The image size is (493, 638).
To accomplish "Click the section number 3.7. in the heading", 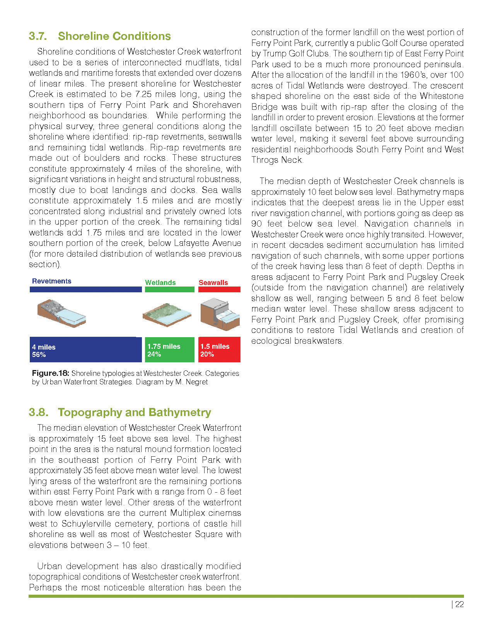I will click(38, 36).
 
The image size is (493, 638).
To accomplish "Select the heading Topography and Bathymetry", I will click(134, 413).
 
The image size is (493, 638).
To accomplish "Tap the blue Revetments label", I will click(51, 281).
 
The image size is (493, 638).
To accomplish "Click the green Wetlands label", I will click(160, 283).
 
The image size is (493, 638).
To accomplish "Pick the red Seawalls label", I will click(213, 283).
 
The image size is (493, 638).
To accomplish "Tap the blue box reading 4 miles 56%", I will click(85, 350).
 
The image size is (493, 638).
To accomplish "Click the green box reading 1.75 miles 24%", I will click(169, 350).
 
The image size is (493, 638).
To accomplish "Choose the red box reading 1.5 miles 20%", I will click(219, 350).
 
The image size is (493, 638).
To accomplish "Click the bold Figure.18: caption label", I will click(50, 374).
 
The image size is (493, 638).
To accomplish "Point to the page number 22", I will click(459, 605).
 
